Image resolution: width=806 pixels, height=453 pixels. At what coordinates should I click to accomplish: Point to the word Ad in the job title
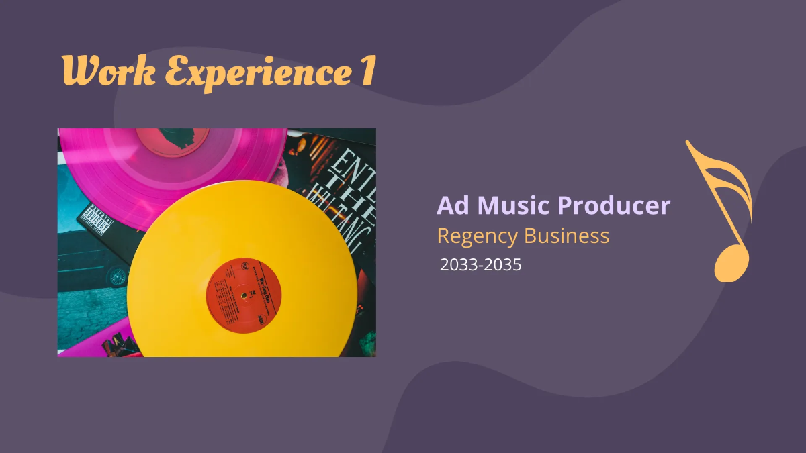[453, 205]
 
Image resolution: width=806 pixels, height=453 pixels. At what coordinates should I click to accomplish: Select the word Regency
[478, 237]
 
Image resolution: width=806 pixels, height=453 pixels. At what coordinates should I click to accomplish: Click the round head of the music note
[730, 263]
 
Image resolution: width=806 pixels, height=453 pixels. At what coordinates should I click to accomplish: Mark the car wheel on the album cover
[118, 275]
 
